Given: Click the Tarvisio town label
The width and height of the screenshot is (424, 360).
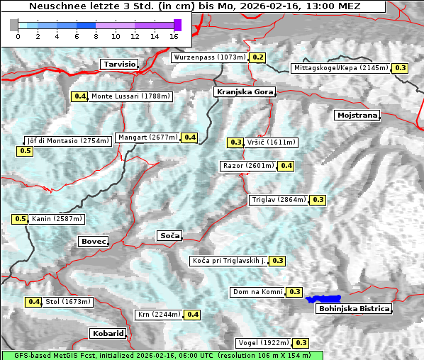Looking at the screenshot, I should click(x=118, y=64).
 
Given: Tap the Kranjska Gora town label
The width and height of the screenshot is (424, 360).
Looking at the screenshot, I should click(x=243, y=92).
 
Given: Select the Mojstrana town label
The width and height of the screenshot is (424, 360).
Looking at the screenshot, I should click(x=357, y=115).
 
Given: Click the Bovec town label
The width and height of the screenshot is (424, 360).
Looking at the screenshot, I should click(x=93, y=242).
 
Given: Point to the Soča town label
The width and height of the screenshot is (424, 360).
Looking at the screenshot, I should click(x=169, y=235).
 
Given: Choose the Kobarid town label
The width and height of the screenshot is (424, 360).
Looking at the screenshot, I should click(x=108, y=333).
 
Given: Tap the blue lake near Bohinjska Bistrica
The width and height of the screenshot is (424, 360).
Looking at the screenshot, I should click(x=323, y=299).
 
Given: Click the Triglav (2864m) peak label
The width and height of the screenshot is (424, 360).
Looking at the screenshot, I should click(x=279, y=200).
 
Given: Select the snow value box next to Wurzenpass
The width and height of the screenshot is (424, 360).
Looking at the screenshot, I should click(x=257, y=57).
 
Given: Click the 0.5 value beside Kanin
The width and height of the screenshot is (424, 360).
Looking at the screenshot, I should click(x=20, y=219).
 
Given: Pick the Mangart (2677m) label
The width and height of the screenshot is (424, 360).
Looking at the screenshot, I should click(x=147, y=137).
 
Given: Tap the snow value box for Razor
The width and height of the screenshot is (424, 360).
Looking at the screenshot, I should click(x=286, y=166).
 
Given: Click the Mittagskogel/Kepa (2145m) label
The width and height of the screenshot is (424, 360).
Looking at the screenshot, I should click(x=340, y=68).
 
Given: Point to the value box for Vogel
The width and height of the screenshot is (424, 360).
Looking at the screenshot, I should click(x=301, y=343).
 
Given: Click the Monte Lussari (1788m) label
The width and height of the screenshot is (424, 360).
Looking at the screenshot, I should click(x=130, y=96).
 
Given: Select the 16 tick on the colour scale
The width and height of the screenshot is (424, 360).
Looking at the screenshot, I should click(x=174, y=36).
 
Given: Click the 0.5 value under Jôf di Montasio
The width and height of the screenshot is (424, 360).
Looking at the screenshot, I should click(x=25, y=151).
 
